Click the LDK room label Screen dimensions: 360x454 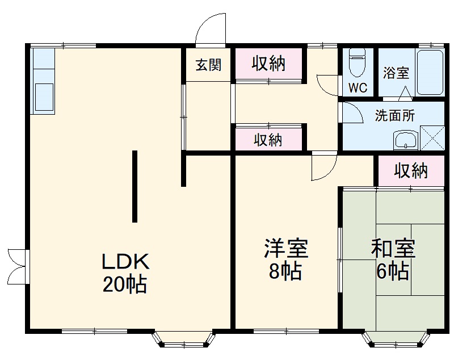[125, 262]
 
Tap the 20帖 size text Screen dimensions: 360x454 [125, 283]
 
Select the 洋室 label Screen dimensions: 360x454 [285, 249]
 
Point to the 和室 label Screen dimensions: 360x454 [393, 249]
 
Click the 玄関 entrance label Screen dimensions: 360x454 [208, 65]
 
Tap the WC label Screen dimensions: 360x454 [358, 88]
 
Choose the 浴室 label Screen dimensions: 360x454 [396, 73]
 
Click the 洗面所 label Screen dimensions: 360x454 [395, 115]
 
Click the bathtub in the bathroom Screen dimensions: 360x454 [430, 73]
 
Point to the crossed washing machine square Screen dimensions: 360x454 [432, 139]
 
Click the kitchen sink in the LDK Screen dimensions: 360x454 [44, 97]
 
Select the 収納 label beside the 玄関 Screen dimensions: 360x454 [268, 64]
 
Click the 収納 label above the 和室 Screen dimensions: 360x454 [411, 170]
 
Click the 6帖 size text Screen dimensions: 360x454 [393, 271]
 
